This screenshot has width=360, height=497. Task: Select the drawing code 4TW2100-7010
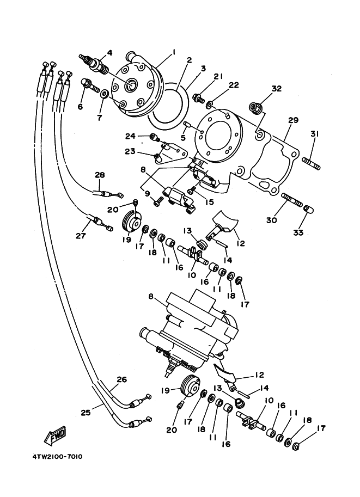click(57, 457)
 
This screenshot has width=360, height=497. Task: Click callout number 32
click(276, 88)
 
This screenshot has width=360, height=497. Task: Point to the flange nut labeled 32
click(255, 106)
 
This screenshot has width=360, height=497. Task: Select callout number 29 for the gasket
click(294, 120)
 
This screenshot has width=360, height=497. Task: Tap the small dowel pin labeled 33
click(308, 209)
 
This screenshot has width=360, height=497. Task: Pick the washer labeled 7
click(103, 94)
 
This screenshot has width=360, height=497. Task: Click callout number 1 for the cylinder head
click(174, 52)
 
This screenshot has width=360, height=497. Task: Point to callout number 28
click(100, 175)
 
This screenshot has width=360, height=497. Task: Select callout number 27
click(81, 236)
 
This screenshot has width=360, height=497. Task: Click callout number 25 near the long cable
click(86, 413)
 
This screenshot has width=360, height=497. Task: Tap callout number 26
click(121, 379)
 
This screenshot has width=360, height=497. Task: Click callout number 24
click(130, 136)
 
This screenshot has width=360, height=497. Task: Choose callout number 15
click(209, 202)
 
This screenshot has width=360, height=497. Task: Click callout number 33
click(298, 232)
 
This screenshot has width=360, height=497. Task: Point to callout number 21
click(218, 76)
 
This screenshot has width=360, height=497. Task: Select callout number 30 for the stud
click(272, 220)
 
